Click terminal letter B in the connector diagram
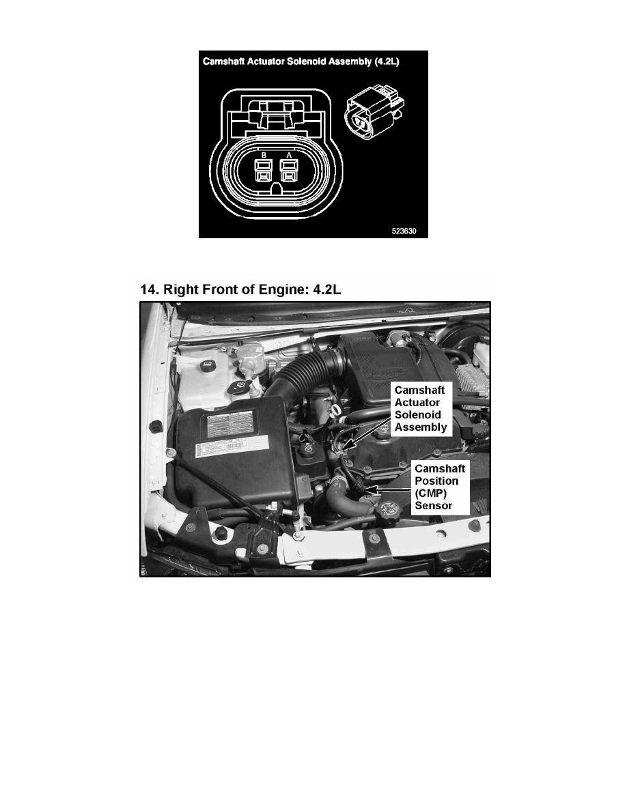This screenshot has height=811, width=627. (264, 155)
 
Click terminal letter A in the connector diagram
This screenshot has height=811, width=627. (289, 155)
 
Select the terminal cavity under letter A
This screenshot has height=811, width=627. (288, 170)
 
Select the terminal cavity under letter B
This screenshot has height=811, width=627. (264, 170)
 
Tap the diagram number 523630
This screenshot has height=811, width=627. (404, 231)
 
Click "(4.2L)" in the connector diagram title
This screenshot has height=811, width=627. (387, 61)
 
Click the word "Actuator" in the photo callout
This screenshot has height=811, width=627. (417, 402)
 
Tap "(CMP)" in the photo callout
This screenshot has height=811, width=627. (430, 494)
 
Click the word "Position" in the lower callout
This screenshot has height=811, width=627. (436, 481)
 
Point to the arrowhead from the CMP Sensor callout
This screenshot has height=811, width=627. (370, 489)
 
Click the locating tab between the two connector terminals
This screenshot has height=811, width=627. (276, 188)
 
